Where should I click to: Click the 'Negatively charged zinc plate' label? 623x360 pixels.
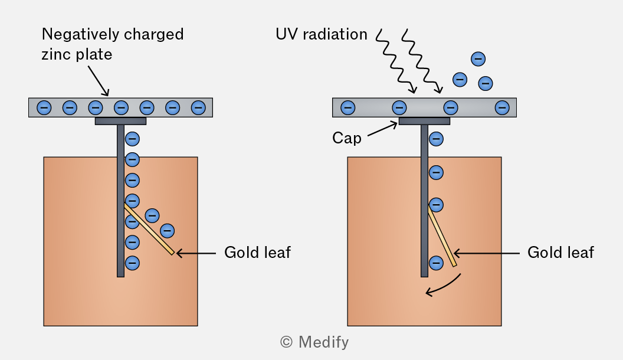point(113,44)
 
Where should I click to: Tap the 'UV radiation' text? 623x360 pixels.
point(322,34)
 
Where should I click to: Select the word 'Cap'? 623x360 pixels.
point(347,138)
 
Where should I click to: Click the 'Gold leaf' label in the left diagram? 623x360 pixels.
point(257,253)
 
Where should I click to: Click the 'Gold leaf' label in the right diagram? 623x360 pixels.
point(560,253)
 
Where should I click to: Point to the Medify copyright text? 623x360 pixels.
point(314,342)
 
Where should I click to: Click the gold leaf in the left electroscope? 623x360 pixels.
point(149,229)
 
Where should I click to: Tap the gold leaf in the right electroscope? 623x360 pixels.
point(442,236)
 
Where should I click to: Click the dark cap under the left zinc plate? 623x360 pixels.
point(120,121)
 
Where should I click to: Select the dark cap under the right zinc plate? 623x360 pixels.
point(424,121)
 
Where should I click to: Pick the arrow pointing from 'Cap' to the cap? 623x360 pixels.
point(382,129)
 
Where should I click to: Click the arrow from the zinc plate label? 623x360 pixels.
point(98,81)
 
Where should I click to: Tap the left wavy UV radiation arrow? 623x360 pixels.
point(396,61)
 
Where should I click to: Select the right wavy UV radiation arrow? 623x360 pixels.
point(422,61)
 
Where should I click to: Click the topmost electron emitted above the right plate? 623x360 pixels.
point(478,59)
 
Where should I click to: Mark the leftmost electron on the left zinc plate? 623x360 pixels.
point(44,107)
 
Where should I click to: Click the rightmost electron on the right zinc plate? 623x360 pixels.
point(502,107)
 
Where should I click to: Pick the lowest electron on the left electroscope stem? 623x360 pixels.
point(132,263)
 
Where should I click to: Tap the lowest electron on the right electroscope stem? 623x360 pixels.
point(436,263)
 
